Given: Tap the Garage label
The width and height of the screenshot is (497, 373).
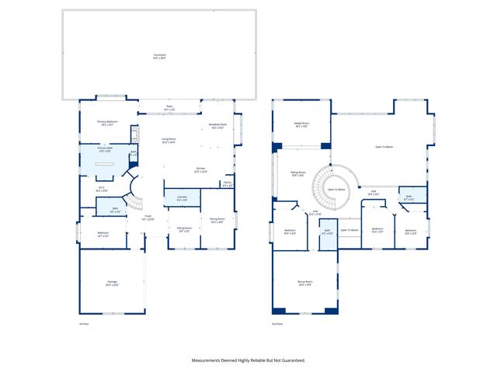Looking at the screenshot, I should pos(112,282).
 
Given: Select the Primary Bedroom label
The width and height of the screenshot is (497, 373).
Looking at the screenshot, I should pos(107,121).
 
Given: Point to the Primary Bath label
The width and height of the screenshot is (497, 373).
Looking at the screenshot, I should pos(105,148).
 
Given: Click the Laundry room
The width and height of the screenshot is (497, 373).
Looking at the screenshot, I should pos(182,198).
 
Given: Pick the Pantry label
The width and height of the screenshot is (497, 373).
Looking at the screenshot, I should pos(227,184).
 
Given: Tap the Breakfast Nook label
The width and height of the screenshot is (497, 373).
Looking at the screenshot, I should pos(218,127).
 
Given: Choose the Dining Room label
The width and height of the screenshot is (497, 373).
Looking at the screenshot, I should pos(217,220).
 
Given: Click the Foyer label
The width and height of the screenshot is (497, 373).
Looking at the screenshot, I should pos(148,219).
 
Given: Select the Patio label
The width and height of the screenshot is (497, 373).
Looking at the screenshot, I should pos(169,108).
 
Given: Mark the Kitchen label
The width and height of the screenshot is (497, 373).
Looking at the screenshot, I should pos(200,169).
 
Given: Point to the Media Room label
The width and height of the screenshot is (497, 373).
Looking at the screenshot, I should pos(302,124).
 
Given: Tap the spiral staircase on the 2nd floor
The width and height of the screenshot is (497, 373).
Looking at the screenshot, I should pos(334,188).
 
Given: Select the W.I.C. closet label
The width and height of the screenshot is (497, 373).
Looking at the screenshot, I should pos(102,187).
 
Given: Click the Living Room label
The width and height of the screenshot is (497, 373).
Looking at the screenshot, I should pos(168,141).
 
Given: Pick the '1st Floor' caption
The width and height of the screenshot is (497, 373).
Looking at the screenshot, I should pos(85,323).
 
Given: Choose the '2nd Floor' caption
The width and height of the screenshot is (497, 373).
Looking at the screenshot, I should pos(276,323).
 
